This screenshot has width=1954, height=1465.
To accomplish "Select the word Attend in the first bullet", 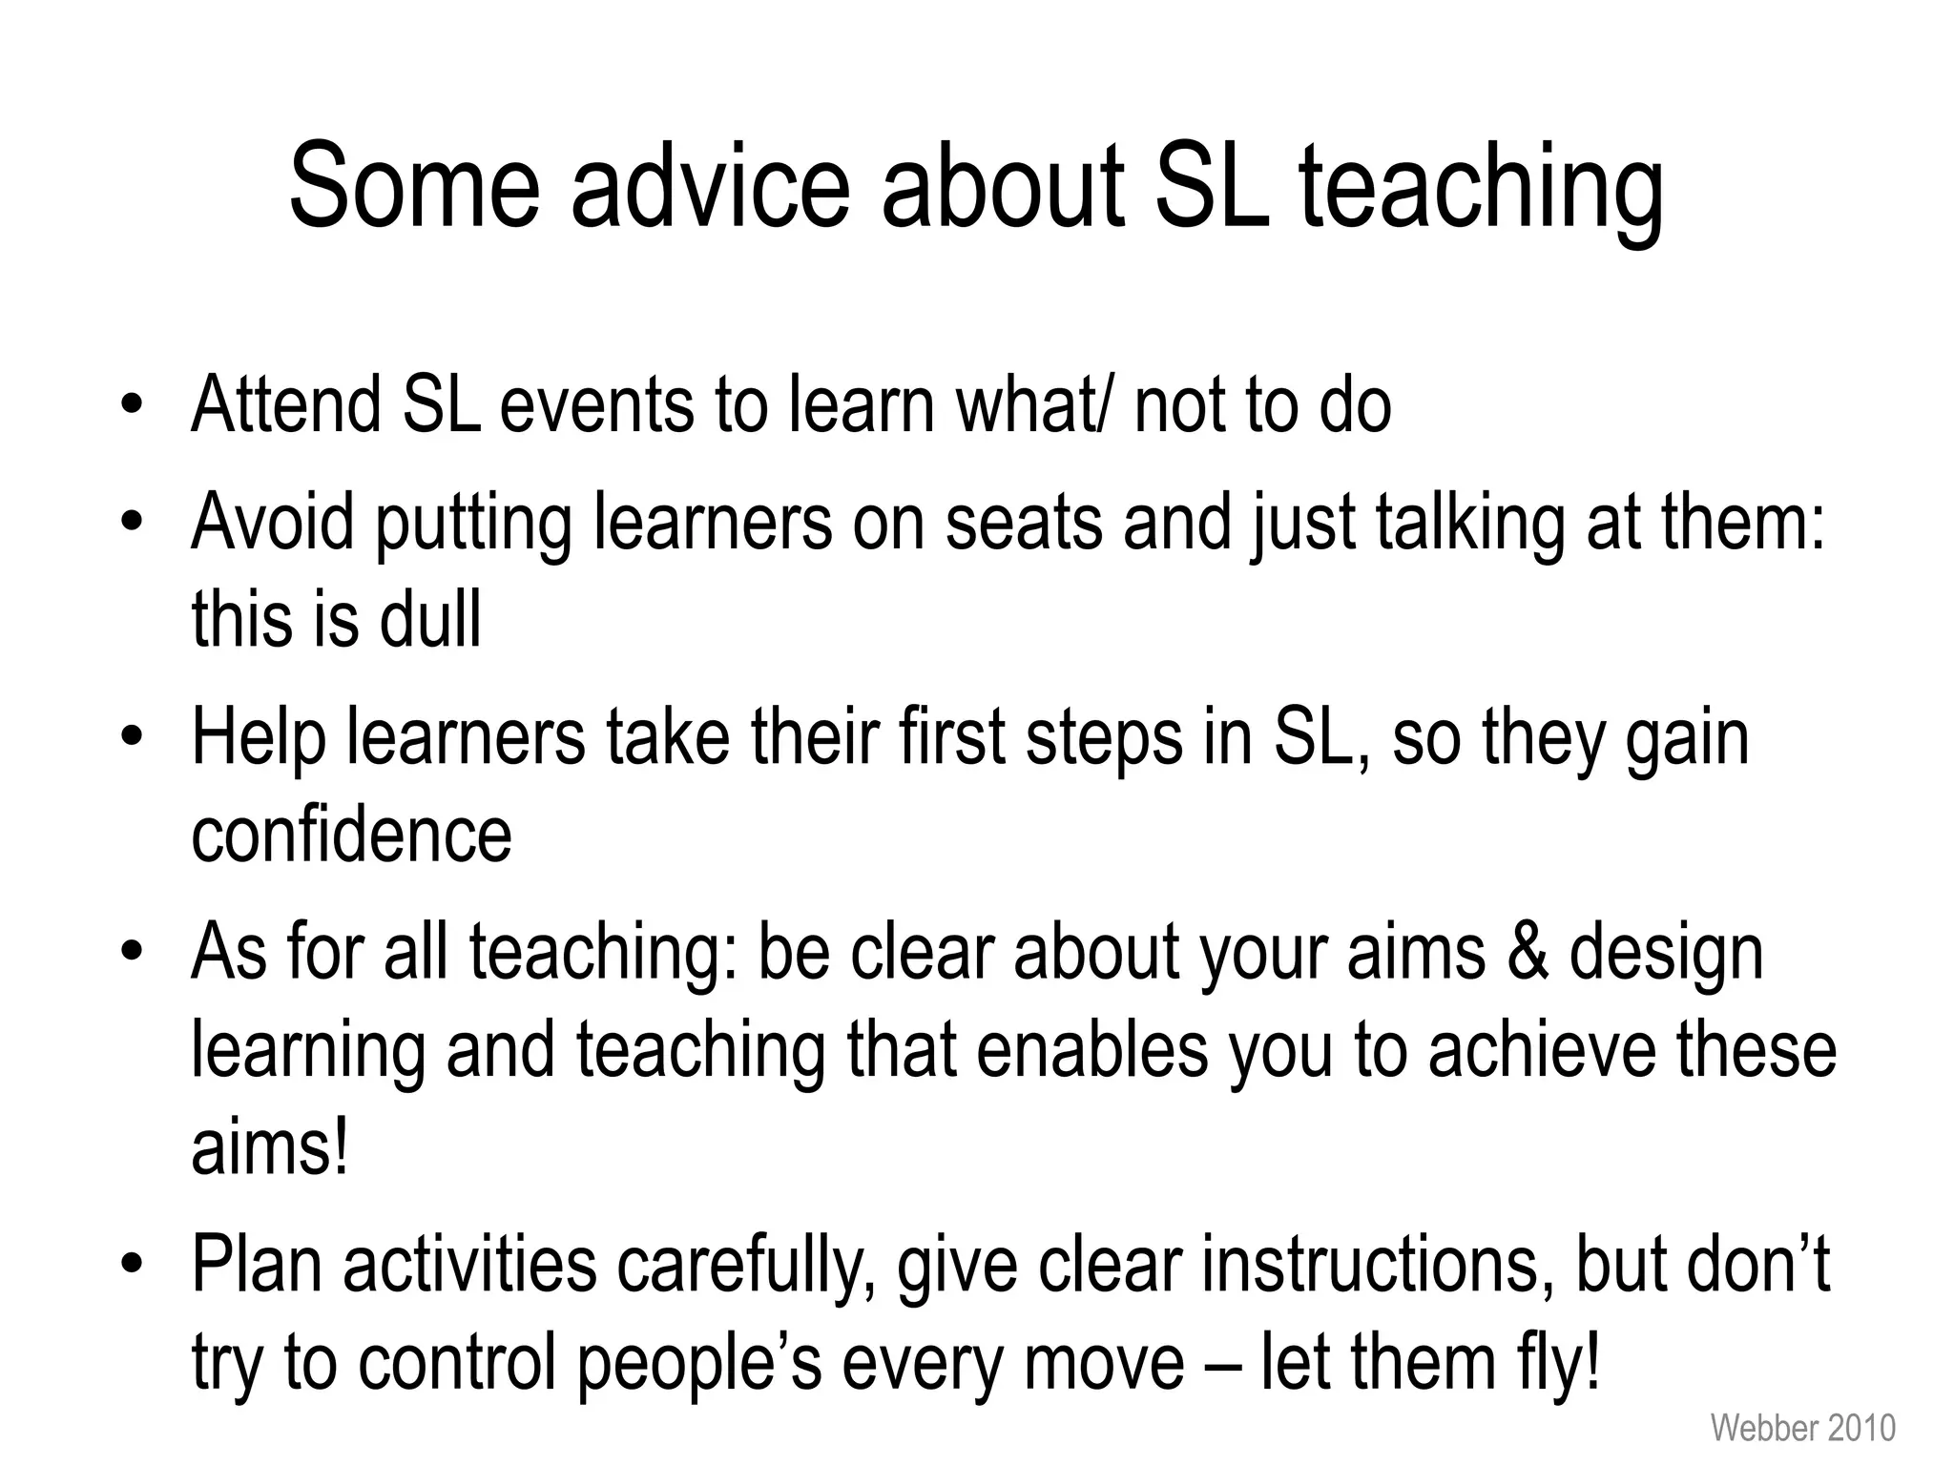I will [285, 404].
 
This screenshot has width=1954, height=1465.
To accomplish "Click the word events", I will [598, 404].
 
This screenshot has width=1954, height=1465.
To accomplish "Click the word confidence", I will [351, 835].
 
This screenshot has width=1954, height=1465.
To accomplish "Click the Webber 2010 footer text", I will [1802, 1428].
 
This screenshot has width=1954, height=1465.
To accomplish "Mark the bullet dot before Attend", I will [132, 404].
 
